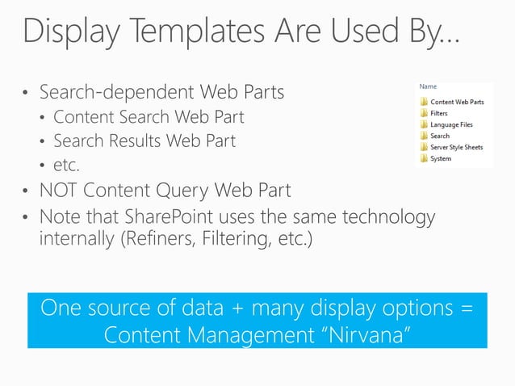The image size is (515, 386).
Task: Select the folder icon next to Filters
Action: coord(423,113)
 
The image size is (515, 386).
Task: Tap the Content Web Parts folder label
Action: coord(457,103)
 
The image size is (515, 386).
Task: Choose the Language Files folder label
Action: coord(451,125)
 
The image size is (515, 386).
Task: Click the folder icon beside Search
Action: coord(423,136)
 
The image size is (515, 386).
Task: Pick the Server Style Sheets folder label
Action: coord(456,148)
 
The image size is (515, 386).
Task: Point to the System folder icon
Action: coord(423,159)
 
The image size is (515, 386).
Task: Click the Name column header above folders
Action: coord(428,85)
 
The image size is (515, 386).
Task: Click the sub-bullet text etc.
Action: coord(67,166)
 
